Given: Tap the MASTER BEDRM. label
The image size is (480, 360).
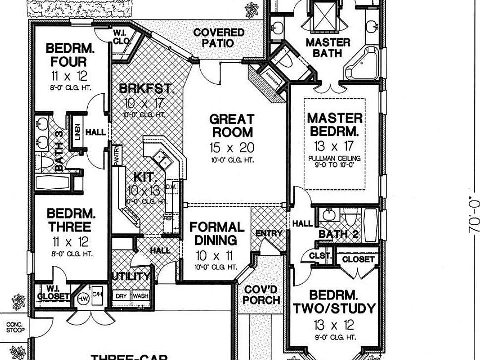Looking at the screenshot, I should click(334, 125).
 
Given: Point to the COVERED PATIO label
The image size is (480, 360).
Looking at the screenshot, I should click(219, 38).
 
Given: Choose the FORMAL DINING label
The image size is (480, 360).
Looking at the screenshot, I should click(217, 233).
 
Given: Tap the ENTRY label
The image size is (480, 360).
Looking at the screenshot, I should click(269, 233).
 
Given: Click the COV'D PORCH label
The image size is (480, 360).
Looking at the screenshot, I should click(262, 294).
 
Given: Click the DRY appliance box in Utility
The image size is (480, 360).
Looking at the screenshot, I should click(121, 296).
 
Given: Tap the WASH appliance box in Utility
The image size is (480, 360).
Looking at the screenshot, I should click(140, 296).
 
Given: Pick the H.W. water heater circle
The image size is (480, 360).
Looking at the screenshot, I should click(82, 299).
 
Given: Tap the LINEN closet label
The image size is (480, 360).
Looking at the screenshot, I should click(77, 132).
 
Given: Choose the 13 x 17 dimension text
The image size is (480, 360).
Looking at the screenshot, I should click(334, 146).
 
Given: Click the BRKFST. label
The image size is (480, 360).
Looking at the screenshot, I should click(147, 89).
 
